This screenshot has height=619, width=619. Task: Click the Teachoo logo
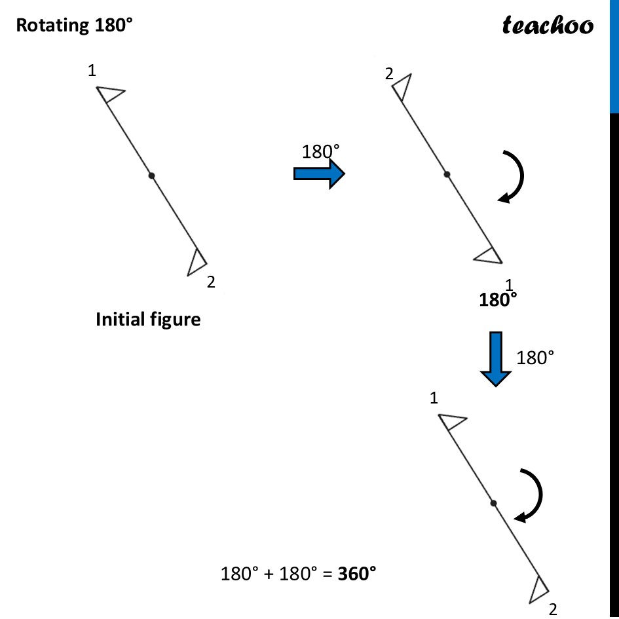pos(548,25)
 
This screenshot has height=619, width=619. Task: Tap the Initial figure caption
pos(148,320)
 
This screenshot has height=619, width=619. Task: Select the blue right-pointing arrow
pos(319,174)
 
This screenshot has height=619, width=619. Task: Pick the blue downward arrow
pos(496,359)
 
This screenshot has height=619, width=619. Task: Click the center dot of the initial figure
pos(151,176)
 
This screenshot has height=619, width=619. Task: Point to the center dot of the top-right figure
pos(447,174)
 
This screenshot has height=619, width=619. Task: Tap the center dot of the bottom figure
pos(493,503)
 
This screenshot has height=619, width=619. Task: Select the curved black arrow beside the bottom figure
pos(531,496)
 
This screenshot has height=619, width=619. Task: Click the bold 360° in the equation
pos(357,574)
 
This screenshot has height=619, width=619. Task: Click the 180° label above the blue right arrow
pos(321,152)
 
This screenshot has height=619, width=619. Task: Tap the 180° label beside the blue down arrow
pos(535,358)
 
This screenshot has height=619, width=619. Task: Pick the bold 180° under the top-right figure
pos(498,300)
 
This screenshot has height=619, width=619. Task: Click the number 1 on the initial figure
pos(92,70)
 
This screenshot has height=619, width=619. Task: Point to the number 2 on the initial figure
pos(210,282)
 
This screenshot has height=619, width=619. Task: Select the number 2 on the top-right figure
pos(388,74)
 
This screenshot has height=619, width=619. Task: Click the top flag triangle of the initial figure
pos(109,94)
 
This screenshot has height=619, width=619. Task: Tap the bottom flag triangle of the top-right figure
pos(489,255)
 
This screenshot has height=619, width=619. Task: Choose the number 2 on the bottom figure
pos(552,609)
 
